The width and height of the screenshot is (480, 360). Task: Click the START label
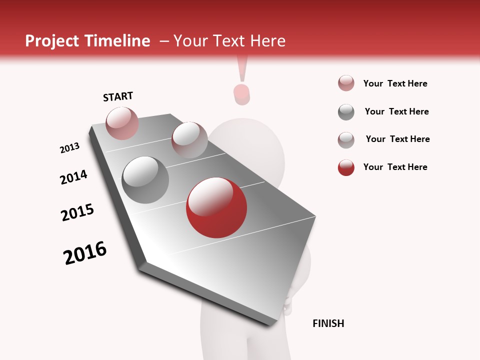(118, 96)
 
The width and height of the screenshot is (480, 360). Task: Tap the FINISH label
(328, 323)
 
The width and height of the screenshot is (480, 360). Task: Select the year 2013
(69, 148)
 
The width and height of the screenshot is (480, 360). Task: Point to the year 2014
(73, 177)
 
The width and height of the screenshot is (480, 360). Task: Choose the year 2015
(77, 212)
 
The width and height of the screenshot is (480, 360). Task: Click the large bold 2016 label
(85, 253)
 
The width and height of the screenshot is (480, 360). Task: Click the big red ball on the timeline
(216, 207)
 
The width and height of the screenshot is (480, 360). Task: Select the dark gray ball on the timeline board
(145, 180)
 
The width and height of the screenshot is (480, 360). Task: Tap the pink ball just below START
(122, 123)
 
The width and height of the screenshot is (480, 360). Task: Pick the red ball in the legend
(346, 167)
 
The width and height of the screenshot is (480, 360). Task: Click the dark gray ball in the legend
(346, 112)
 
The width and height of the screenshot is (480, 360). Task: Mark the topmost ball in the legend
(346, 83)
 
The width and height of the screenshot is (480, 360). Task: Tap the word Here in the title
(267, 41)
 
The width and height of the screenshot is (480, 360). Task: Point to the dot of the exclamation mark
(242, 94)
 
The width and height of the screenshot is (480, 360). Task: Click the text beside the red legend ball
(395, 167)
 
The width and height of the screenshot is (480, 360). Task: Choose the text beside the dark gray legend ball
(396, 111)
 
